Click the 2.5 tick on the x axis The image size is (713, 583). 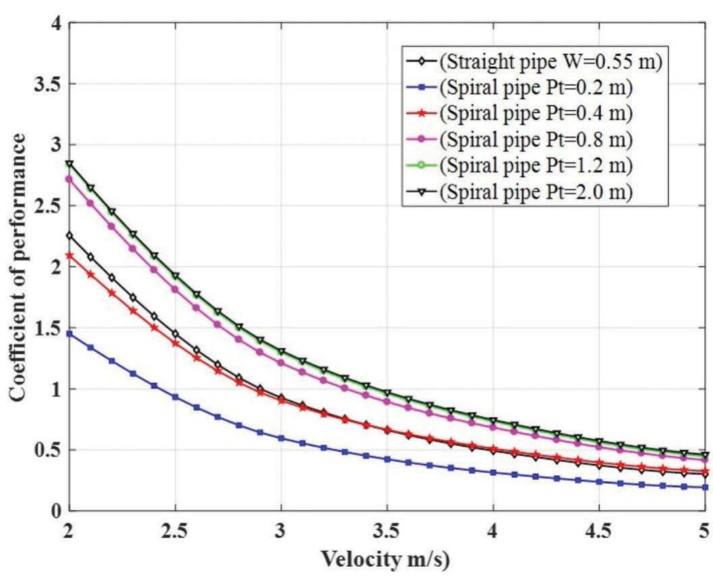point(175,532)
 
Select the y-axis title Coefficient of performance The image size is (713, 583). point(18,268)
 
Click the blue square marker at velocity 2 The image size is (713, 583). point(69,334)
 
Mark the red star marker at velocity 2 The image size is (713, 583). point(69,255)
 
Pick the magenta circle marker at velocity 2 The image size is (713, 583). point(69,179)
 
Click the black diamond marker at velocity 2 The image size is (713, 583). point(69,235)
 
